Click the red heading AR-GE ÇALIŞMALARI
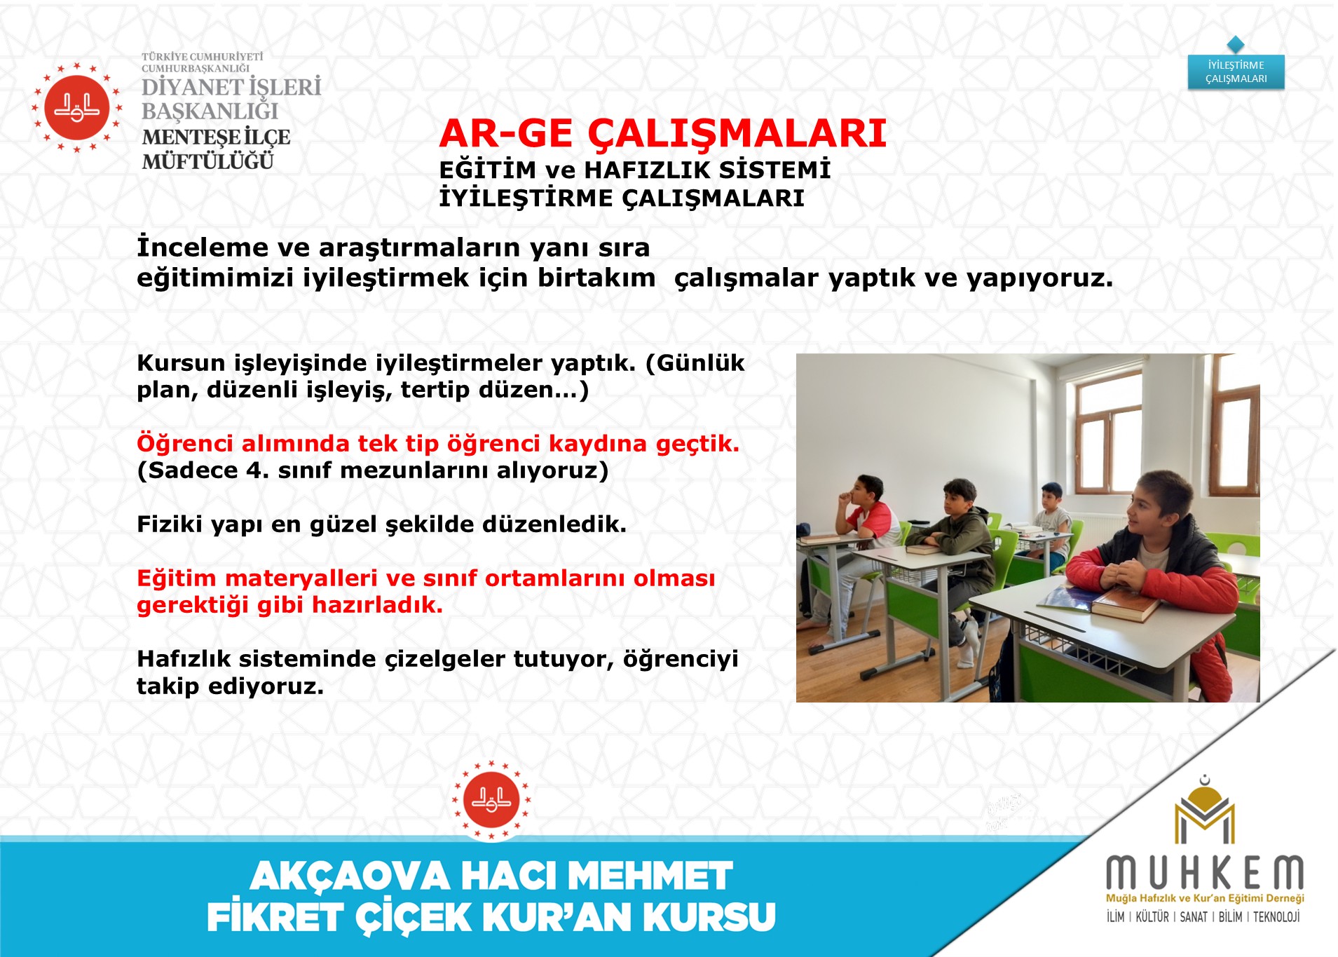pyautogui.click(x=662, y=133)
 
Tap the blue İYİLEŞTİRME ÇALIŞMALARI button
pyautogui.click(x=1236, y=72)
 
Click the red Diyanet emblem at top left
pyautogui.click(x=77, y=107)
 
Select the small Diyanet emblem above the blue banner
pyautogui.click(x=491, y=800)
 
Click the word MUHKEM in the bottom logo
pyautogui.click(x=1205, y=873)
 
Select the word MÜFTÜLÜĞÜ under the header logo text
pyautogui.click(x=208, y=162)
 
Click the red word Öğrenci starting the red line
pyautogui.click(x=185, y=444)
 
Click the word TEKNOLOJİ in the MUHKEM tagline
pyautogui.click(x=1276, y=917)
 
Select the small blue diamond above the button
pyautogui.click(x=1236, y=44)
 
